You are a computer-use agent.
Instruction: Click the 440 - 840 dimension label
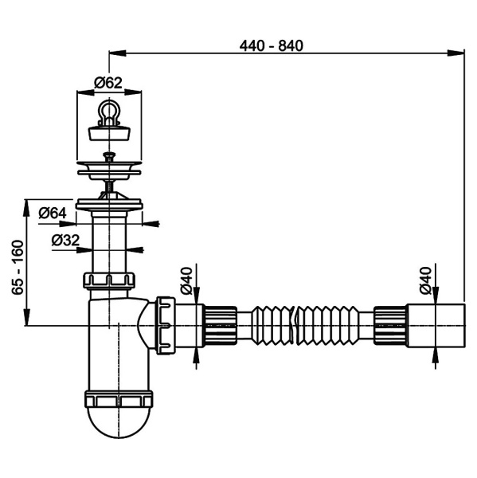[x=272, y=46]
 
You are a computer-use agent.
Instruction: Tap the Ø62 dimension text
[x=108, y=83]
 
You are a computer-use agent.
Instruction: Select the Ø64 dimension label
[x=53, y=213]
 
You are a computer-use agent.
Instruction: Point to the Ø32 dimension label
[x=65, y=241]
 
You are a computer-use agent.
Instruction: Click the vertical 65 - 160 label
[x=18, y=268]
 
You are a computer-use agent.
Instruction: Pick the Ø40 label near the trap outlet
[x=186, y=280]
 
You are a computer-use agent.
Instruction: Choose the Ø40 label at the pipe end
[x=425, y=280]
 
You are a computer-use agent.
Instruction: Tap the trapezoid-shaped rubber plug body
[x=109, y=133]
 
